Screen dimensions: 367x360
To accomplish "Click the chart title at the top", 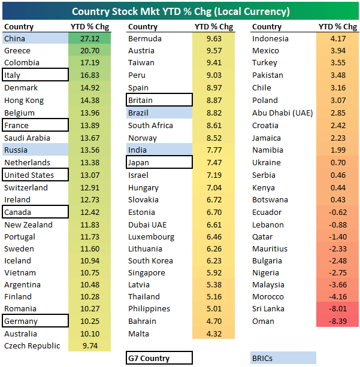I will (x=180, y=11).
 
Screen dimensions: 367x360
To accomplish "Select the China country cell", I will (x=35, y=38).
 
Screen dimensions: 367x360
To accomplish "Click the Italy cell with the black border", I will (x=35, y=75).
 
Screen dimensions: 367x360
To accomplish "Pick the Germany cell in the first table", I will (x=35, y=321).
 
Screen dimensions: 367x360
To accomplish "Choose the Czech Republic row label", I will (x=32, y=345).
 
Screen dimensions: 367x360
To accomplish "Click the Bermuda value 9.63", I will (x=213, y=38).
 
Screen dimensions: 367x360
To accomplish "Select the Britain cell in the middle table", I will (x=159, y=101).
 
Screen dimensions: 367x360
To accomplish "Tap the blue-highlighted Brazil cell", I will (x=159, y=113).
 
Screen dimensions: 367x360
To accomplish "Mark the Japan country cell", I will (x=159, y=162).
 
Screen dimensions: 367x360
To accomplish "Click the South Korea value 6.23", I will (x=213, y=260).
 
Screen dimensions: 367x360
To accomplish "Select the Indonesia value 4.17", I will (x=338, y=39).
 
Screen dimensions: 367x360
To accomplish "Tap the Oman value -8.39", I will (x=337, y=321).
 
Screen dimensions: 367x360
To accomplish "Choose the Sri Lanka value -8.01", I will (x=337, y=309).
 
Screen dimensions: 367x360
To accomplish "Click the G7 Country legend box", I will (x=159, y=358).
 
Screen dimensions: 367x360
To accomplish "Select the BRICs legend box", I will (x=283, y=358).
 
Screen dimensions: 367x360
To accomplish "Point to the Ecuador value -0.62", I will (x=337, y=212).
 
